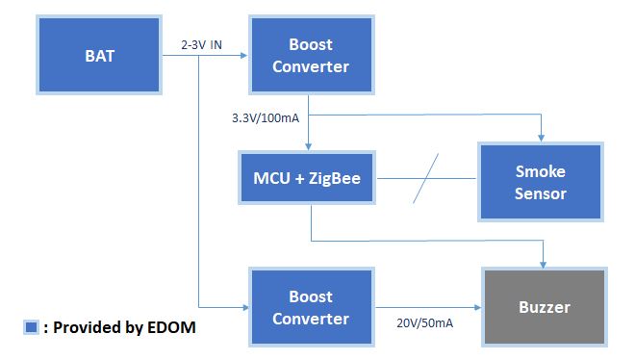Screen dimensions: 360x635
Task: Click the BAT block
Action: [99, 56]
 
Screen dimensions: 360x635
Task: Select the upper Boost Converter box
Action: [310, 56]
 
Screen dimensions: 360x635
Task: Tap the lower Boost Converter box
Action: [310, 307]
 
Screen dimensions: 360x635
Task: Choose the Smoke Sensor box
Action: [540, 182]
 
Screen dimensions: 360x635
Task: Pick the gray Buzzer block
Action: [544, 308]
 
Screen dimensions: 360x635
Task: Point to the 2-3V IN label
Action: [201, 44]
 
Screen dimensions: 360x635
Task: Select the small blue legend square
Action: [31, 327]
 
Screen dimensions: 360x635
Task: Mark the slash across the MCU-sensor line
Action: [427, 178]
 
